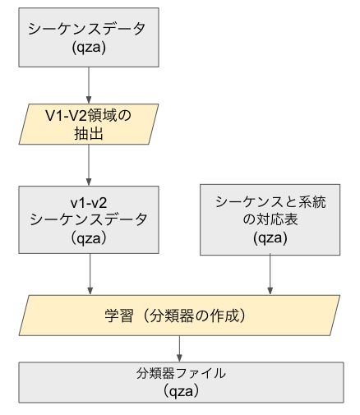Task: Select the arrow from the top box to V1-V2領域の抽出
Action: (x=88, y=84)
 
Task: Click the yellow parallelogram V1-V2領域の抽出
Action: (x=88, y=126)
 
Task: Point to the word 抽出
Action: (x=88, y=135)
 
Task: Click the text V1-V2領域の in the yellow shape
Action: (x=88, y=116)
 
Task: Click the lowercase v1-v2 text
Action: (x=88, y=201)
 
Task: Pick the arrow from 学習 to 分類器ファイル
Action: (x=179, y=346)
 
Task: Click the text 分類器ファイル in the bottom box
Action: (x=180, y=373)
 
